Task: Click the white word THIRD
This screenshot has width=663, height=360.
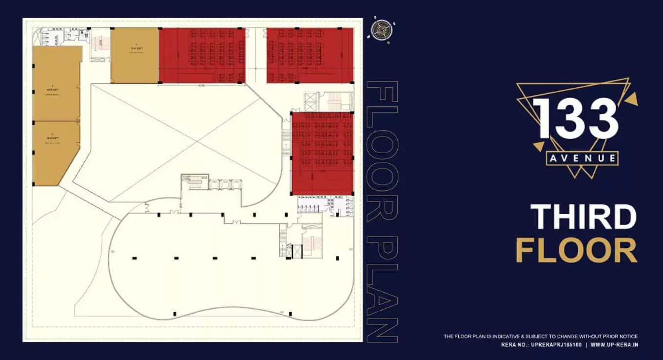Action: (583, 217)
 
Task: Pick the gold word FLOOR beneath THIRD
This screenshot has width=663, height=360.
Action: (576, 250)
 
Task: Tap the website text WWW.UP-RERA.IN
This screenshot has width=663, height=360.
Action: (614, 345)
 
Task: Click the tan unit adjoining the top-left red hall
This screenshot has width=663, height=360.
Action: (135, 55)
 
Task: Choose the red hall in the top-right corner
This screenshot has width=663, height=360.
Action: (310, 55)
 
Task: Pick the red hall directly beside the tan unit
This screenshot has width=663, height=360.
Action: (202, 55)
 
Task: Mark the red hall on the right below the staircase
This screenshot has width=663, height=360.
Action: (322, 153)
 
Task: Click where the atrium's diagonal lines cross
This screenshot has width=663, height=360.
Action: (197, 142)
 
